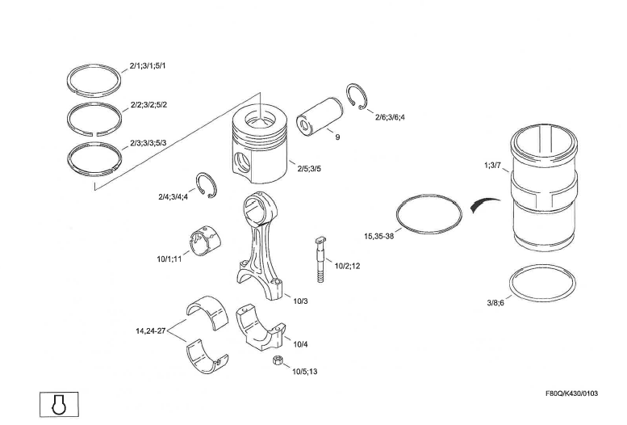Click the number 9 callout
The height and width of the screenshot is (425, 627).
[337, 137]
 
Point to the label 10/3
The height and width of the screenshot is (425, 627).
[300, 301]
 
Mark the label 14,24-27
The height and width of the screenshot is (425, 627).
[151, 330]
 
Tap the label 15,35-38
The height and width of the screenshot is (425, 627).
[379, 237]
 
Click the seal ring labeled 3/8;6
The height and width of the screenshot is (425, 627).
[541, 284]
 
